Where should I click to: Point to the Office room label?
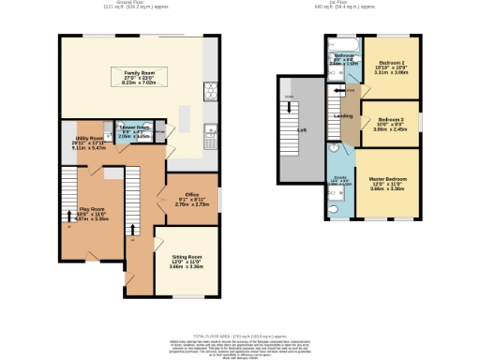tap(186, 193)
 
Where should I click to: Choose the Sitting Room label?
tap(187, 256)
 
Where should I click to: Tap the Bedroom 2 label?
tap(389, 64)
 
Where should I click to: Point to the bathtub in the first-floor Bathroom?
tap(338, 43)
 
